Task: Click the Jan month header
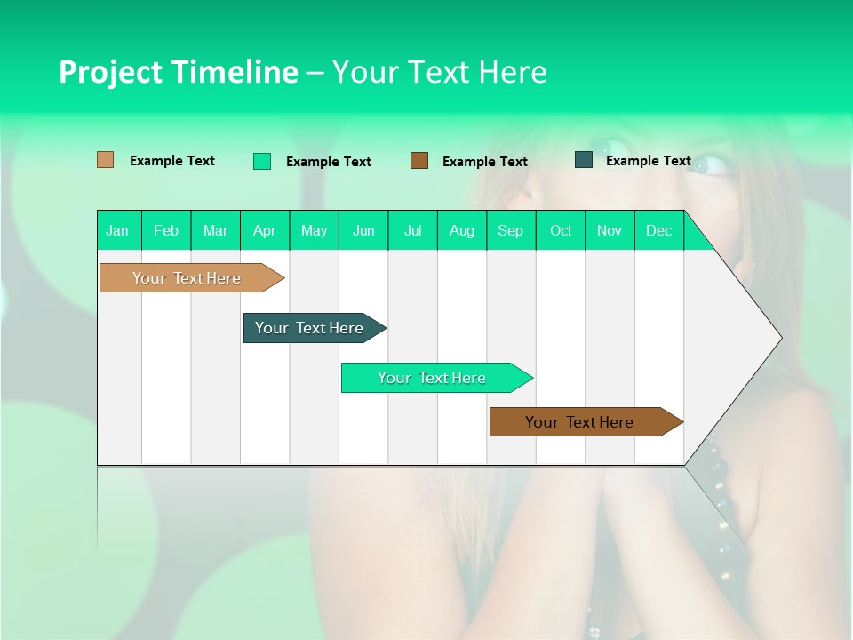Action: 117,230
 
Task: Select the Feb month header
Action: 166,230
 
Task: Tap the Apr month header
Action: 264,230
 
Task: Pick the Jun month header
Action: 363,230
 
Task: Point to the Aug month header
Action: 461,230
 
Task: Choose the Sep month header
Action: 510,230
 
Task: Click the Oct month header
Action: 561,230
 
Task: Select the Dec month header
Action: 658,230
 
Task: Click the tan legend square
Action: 105,160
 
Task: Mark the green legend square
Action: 262,161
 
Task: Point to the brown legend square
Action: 419,161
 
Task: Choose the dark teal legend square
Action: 584,160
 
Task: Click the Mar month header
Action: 215,230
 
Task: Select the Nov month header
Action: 610,230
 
